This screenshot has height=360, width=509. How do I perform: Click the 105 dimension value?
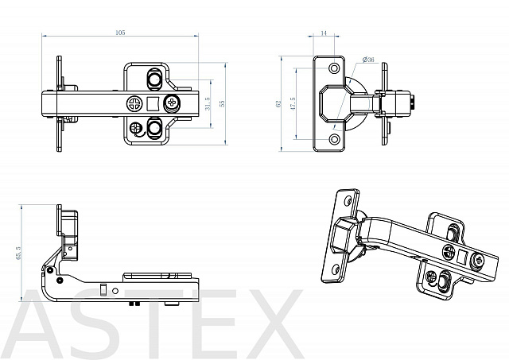(x=120, y=33)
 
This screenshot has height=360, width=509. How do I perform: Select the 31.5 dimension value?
(x=208, y=104)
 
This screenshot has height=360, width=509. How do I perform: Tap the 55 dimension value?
(x=222, y=103)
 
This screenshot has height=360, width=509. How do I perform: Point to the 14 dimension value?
(x=324, y=33)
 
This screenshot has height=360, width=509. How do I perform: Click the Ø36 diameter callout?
(x=368, y=60)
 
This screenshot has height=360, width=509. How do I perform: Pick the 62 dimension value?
(x=278, y=104)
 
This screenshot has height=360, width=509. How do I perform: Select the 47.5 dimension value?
(x=293, y=104)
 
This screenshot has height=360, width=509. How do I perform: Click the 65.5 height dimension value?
(x=18, y=253)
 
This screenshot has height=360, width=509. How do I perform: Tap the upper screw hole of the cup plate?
(x=334, y=68)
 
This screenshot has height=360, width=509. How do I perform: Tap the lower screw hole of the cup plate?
(x=334, y=139)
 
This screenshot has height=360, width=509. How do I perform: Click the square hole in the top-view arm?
(x=152, y=104)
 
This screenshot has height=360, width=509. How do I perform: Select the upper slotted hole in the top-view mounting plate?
(x=154, y=79)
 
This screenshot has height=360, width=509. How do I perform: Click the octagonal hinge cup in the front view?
(x=334, y=104)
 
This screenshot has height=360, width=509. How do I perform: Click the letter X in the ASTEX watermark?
(x=272, y=324)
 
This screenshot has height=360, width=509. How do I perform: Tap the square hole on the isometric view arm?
(x=461, y=257)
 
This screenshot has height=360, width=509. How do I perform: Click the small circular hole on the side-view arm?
(x=115, y=291)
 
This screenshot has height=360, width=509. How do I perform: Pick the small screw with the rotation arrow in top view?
(x=135, y=128)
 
